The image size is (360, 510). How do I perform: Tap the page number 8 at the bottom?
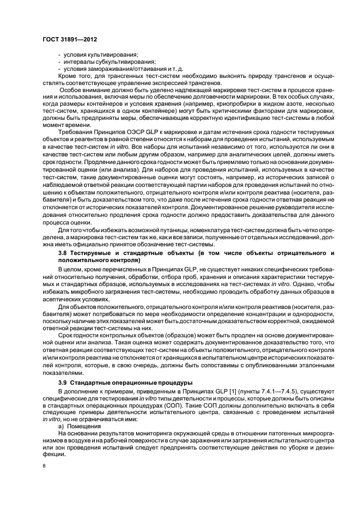(44, 466)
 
